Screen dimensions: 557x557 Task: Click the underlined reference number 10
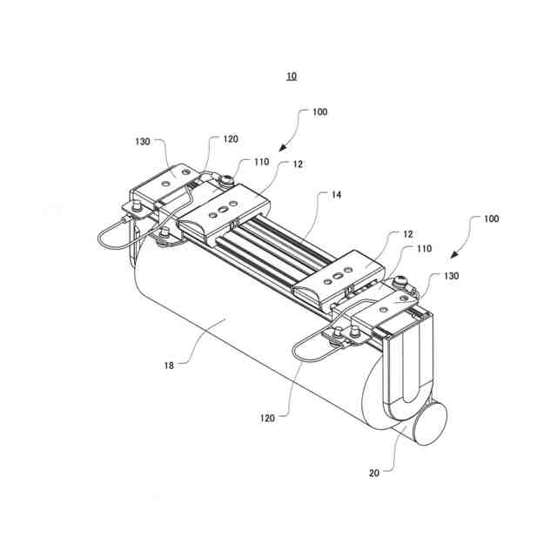[x=291, y=77]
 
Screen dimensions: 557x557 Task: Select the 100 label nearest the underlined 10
[x=319, y=112]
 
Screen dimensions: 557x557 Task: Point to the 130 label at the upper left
[x=143, y=140]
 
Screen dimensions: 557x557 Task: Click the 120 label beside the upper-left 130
[x=230, y=138]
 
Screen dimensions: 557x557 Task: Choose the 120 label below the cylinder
[x=266, y=418]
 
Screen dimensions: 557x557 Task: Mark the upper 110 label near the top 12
[x=261, y=162]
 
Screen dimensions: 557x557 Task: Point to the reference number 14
[x=335, y=196]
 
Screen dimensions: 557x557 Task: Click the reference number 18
[x=170, y=366]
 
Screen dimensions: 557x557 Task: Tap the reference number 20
[x=374, y=473]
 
